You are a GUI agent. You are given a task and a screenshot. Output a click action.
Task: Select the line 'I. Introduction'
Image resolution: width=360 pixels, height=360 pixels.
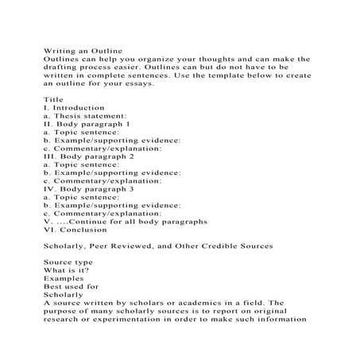74,107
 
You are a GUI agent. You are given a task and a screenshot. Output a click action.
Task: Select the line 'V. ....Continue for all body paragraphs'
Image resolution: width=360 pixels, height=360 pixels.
126,222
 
